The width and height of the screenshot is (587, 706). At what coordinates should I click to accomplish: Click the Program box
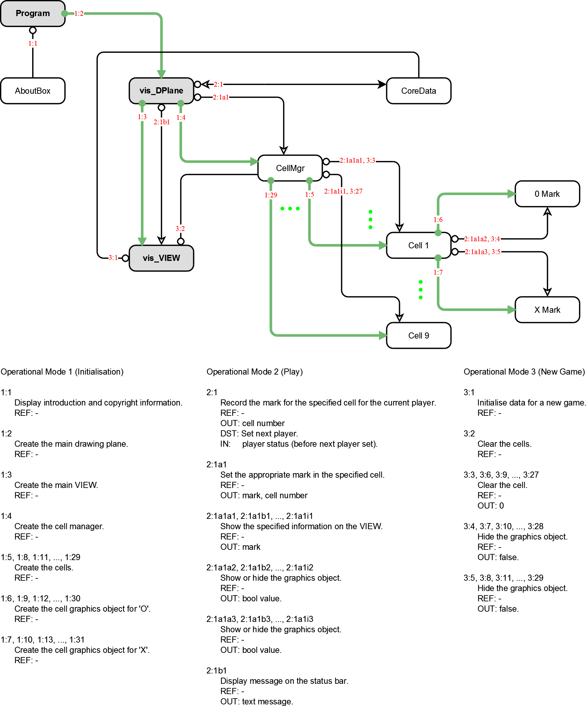[x=33, y=14]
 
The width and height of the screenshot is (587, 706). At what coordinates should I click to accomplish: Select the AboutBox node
[x=33, y=91]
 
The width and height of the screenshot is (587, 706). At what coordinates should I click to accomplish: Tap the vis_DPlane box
[x=161, y=91]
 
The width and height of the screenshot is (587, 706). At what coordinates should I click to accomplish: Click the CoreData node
[x=418, y=91]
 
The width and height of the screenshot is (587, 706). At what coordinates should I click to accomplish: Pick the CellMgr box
[x=290, y=168]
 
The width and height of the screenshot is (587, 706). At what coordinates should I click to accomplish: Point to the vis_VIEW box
[x=161, y=258]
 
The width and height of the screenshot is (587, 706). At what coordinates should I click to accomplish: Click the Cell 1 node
[x=418, y=245]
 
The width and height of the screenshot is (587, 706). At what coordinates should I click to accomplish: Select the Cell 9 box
[x=418, y=336]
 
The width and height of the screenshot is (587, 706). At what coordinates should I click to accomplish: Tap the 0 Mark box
[x=547, y=194]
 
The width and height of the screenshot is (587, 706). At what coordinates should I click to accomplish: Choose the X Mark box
[x=547, y=310]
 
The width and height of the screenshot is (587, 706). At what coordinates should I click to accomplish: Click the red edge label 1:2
[x=79, y=14]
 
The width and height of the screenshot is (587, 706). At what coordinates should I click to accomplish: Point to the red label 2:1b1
[x=162, y=122]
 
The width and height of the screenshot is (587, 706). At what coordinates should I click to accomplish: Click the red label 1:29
[x=270, y=195]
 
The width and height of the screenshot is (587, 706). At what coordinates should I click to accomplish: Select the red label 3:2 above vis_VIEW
[x=180, y=229]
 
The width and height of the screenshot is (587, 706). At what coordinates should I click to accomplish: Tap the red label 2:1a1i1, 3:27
[x=343, y=191]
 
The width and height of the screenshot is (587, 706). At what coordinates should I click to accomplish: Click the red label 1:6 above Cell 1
[x=438, y=220]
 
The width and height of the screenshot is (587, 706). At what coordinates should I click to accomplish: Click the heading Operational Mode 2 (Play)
[x=254, y=372]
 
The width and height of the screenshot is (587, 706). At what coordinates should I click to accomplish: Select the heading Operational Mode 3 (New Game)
[x=524, y=372]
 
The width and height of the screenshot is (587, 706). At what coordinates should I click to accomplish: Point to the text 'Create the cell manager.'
[x=59, y=526]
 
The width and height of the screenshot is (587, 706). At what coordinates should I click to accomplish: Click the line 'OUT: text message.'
[x=257, y=701]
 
